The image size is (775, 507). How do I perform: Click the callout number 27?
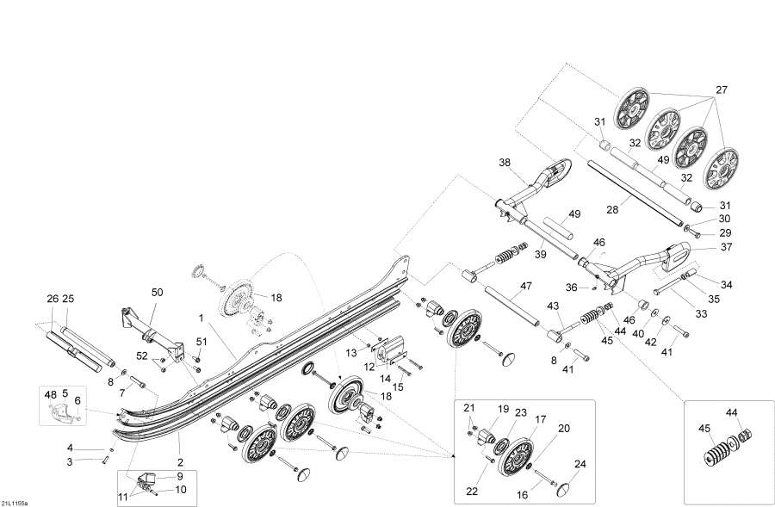[x=722, y=90]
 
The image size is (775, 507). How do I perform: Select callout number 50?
[x=157, y=294]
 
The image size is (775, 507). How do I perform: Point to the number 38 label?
[x=505, y=161]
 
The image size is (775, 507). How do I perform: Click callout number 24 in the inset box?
[x=580, y=464]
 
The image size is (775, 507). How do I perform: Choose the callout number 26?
[x=53, y=299]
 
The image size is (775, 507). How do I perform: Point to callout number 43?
[x=553, y=306]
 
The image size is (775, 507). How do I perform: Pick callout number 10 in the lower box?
[x=181, y=490]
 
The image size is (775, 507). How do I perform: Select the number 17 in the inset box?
[x=542, y=419]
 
